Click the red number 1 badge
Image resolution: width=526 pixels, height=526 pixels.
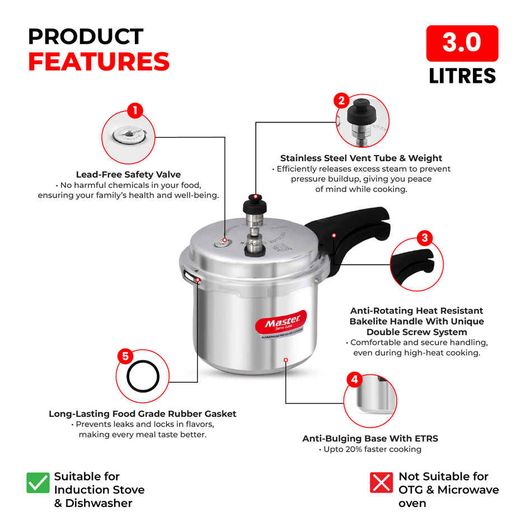click(x=134, y=110)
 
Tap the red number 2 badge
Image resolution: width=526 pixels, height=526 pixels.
click(x=341, y=101)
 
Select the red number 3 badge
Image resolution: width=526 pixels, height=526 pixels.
click(x=424, y=238)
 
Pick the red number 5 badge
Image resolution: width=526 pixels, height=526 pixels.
click(x=125, y=356)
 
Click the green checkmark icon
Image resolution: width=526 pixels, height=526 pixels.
click(x=38, y=482)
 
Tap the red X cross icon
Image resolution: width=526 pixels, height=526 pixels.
click(x=381, y=482)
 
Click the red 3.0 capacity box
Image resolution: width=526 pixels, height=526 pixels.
click(x=462, y=43)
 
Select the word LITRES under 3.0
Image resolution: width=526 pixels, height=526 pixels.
click(x=462, y=76)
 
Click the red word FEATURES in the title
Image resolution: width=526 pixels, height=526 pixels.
click(x=98, y=62)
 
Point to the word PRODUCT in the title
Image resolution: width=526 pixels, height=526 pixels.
click(x=86, y=36)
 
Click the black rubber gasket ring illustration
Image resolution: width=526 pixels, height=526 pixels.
click(x=142, y=377)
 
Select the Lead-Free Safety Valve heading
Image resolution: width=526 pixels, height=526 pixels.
click(x=128, y=175)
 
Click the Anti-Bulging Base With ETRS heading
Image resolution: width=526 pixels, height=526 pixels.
click(x=370, y=438)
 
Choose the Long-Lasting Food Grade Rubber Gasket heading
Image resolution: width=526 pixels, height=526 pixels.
click(x=142, y=414)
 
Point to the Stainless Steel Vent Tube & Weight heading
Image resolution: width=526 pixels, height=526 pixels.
click(x=361, y=158)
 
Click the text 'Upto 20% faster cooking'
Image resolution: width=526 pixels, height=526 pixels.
click(x=370, y=449)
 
